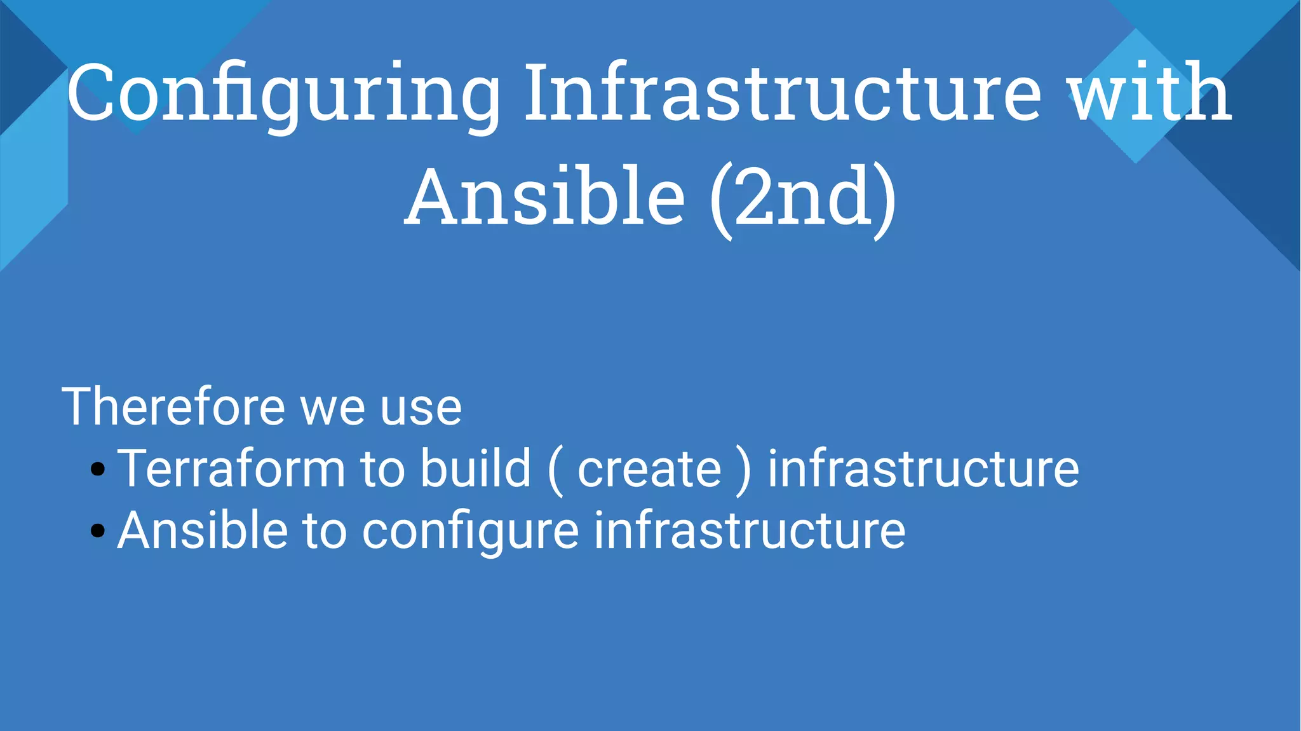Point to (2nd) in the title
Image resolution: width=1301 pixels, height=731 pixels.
[x=802, y=198]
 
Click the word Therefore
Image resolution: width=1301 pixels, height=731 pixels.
[x=173, y=407]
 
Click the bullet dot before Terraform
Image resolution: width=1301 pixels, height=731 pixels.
[x=97, y=469]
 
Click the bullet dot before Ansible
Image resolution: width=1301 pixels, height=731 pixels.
[x=97, y=530]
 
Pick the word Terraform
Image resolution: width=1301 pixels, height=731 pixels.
[x=231, y=468]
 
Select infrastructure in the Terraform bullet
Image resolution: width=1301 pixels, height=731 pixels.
[x=923, y=468]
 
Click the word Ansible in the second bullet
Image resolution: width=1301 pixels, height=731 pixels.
[x=203, y=530]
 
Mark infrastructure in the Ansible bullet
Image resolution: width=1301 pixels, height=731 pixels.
[x=750, y=530]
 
